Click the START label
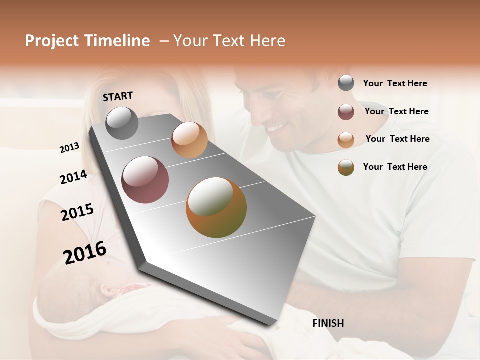click(x=118, y=96)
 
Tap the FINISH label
click(x=328, y=323)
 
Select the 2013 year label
click(x=70, y=148)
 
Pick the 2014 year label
click(x=73, y=177)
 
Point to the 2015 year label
click(x=77, y=212)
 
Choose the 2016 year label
click(x=85, y=252)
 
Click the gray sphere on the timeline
click(x=122, y=123)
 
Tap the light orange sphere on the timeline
click(x=189, y=140)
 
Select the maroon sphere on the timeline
click(x=145, y=180)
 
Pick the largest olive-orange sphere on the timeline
click(x=216, y=207)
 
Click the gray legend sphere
click(x=346, y=83)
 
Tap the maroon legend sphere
click(x=346, y=112)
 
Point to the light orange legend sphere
click(x=346, y=140)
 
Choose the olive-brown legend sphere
click(x=346, y=167)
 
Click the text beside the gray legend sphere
click(x=395, y=83)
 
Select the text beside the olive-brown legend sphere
click(x=395, y=167)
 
